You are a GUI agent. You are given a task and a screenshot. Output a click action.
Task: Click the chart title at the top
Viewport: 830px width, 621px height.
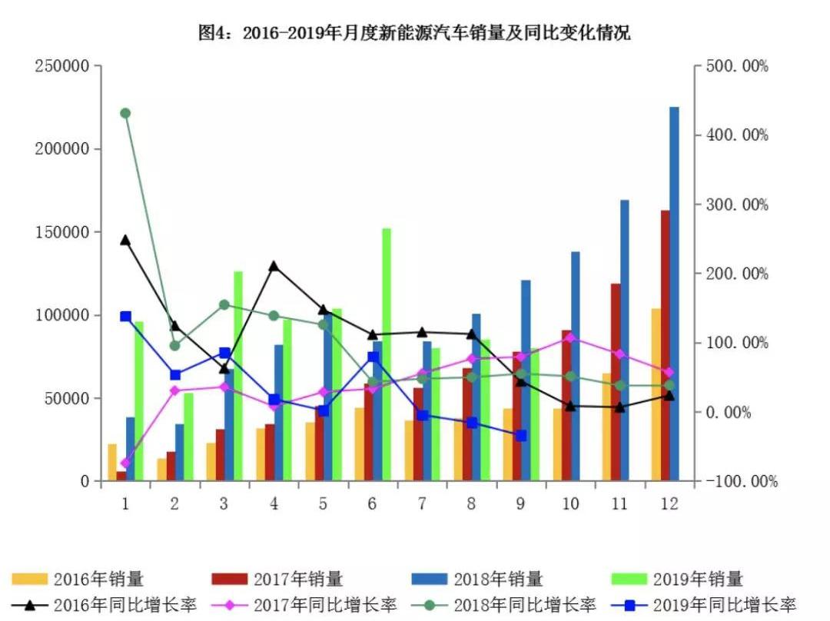pos(414,33)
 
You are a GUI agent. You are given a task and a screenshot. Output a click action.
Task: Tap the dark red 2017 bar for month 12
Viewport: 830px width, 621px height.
pos(665,346)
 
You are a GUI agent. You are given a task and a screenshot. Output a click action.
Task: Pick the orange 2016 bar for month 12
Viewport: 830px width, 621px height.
pos(656,395)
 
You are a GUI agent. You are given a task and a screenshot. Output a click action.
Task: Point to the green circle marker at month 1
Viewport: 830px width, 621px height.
pos(125,113)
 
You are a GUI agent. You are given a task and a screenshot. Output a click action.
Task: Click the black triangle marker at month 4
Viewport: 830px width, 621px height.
pos(274,266)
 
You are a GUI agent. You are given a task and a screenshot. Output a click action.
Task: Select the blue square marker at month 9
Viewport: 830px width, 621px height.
pos(521,435)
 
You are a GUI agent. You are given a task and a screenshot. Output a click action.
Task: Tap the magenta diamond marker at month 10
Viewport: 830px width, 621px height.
pos(570,337)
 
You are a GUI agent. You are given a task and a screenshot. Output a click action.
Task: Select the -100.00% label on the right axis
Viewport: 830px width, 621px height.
pos(743,482)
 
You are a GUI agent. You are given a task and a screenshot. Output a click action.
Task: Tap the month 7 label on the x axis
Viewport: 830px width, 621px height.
pos(422,503)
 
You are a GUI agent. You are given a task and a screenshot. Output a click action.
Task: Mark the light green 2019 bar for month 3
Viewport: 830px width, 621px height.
pos(238,376)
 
